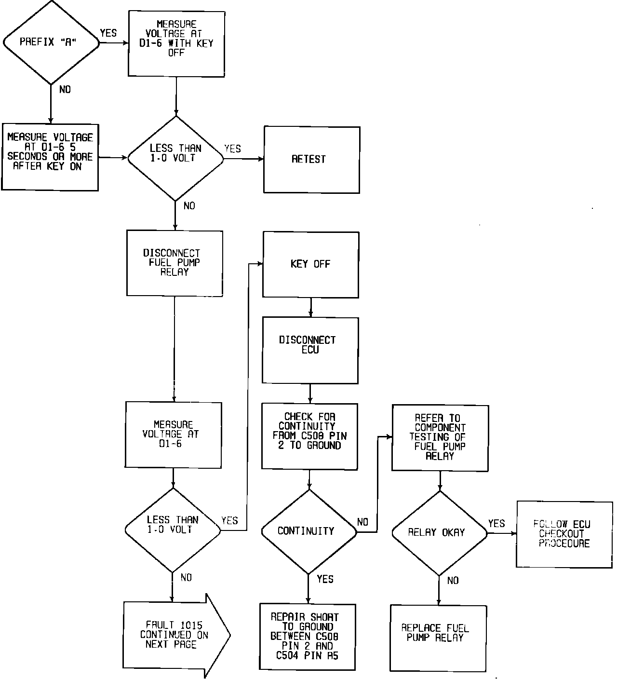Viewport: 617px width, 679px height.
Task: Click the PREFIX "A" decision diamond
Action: coord(51,42)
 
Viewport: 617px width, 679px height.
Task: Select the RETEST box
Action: coord(311,159)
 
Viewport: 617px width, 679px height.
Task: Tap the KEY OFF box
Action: coord(310,264)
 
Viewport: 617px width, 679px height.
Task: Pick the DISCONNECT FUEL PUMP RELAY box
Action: coord(174,263)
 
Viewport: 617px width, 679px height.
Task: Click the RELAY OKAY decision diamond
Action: coord(439,532)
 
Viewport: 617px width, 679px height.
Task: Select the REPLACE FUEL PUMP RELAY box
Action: coord(438,638)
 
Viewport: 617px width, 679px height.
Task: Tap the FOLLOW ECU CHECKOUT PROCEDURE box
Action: coord(564,534)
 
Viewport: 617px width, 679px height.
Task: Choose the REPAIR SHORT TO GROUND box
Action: coord(308,636)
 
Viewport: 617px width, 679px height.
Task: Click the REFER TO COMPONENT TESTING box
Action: coord(440,437)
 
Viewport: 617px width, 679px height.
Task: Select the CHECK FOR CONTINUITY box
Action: coord(309,435)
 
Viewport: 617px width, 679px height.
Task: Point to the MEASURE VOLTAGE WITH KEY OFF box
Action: coord(176,43)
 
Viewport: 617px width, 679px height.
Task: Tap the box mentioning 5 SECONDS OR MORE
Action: coord(50,156)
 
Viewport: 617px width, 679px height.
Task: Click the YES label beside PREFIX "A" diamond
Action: coord(108,33)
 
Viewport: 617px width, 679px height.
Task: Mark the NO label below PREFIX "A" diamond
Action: coord(65,89)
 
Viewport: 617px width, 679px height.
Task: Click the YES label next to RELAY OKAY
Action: coord(496,523)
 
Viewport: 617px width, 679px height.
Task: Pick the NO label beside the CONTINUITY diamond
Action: coord(362,522)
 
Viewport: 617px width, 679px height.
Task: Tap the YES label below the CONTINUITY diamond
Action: coord(325,579)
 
